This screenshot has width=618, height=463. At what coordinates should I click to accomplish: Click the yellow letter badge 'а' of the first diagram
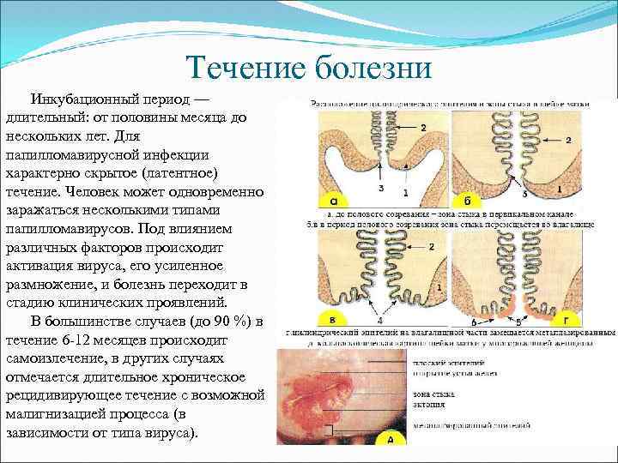(329, 201)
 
